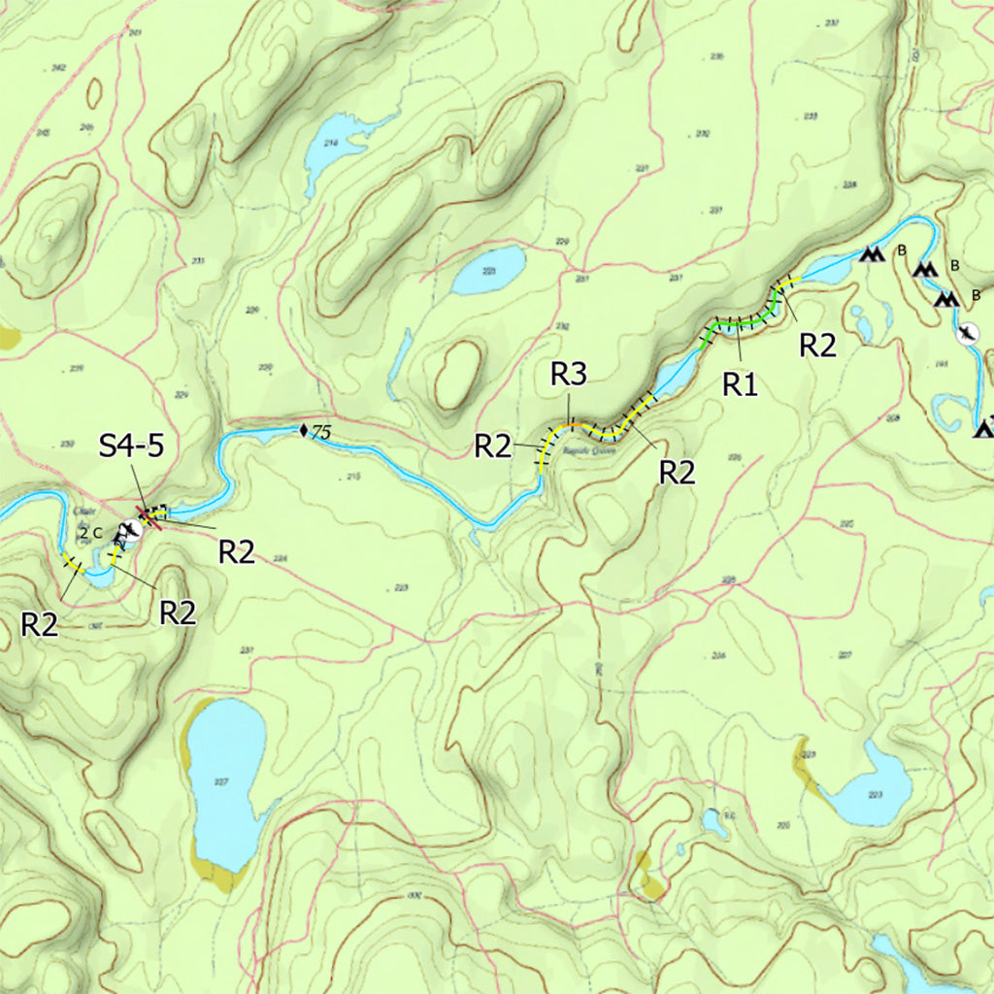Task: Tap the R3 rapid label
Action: (569, 376)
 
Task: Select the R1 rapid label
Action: (740, 384)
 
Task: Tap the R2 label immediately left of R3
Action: (492, 447)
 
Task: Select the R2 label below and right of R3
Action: (678, 473)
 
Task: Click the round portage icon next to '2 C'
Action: (126, 530)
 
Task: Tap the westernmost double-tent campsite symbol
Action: (872, 254)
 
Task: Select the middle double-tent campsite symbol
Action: (925, 267)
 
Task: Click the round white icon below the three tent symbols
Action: (967, 334)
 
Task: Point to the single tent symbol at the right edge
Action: (984, 426)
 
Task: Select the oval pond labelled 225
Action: (488, 271)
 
